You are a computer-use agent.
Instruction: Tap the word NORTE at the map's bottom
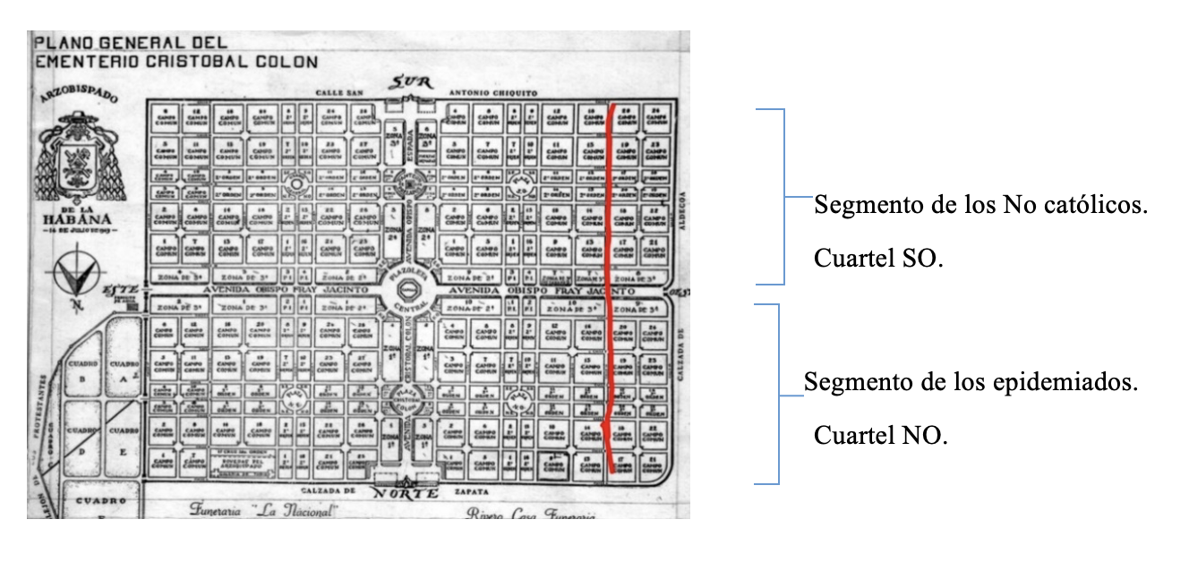tap(405, 493)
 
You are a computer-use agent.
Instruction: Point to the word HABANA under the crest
tap(77, 217)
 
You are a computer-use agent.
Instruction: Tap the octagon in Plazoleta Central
tap(406, 292)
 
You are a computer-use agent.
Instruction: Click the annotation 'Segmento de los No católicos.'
tap(980, 206)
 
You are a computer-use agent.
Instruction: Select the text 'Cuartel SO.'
tap(877, 259)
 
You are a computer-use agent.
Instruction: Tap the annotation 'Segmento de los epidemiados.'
tap(971, 383)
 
